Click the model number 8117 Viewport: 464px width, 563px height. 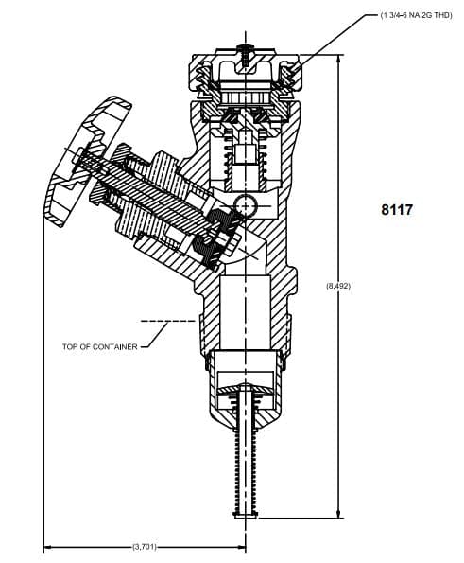pos(397,210)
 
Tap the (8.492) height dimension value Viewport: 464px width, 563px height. pos(338,286)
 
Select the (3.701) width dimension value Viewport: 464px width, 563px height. pos(145,547)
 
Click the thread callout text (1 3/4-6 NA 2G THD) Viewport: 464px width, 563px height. pos(416,15)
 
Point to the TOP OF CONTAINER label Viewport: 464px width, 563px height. pos(99,347)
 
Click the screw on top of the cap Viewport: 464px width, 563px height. pos(246,55)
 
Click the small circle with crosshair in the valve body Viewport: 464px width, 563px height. pos(246,205)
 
